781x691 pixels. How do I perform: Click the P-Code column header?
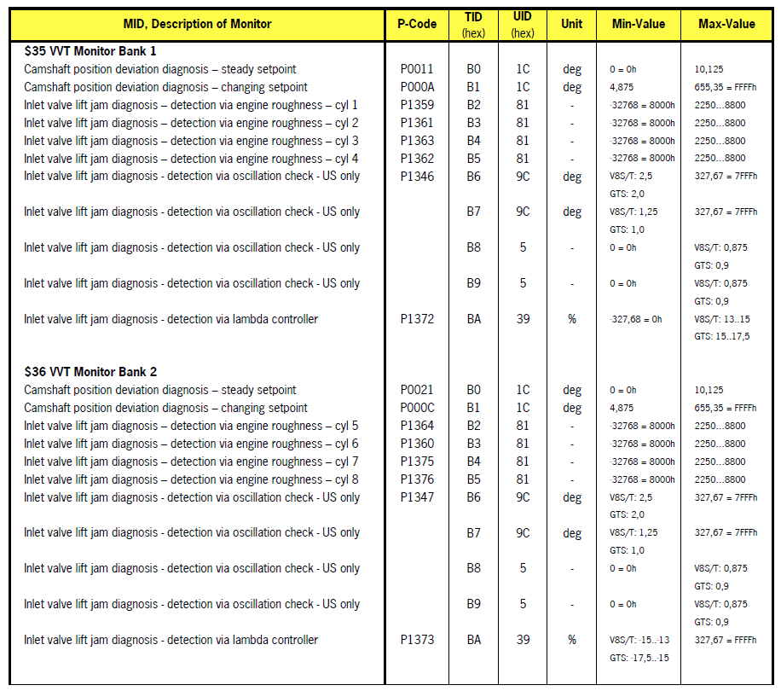(x=417, y=24)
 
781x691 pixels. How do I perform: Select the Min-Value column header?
(x=639, y=24)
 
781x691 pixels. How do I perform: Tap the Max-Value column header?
(x=726, y=24)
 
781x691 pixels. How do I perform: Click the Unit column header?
(x=572, y=24)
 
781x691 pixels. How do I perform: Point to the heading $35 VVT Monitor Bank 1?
(x=90, y=51)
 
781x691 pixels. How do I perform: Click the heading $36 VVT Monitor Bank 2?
(x=90, y=372)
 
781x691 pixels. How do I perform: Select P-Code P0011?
(x=417, y=69)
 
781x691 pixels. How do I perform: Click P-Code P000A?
(x=417, y=87)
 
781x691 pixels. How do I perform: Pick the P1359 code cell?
(x=417, y=105)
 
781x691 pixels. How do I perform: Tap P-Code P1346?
(x=417, y=177)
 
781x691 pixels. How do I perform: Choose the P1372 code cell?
(x=417, y=319)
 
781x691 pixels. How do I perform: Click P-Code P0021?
(x=417, y=390)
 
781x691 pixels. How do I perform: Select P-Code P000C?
(x=417, y=408)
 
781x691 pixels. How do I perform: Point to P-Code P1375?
(x=417, y=462)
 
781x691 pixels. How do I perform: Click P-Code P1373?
(x=417, y=640)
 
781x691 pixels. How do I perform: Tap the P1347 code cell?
(x=417, y=497)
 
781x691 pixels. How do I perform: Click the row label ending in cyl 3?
(x=191, y=141)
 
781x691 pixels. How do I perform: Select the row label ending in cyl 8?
(x=191, y=479)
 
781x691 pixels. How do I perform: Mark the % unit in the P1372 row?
(x=572, y=319)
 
